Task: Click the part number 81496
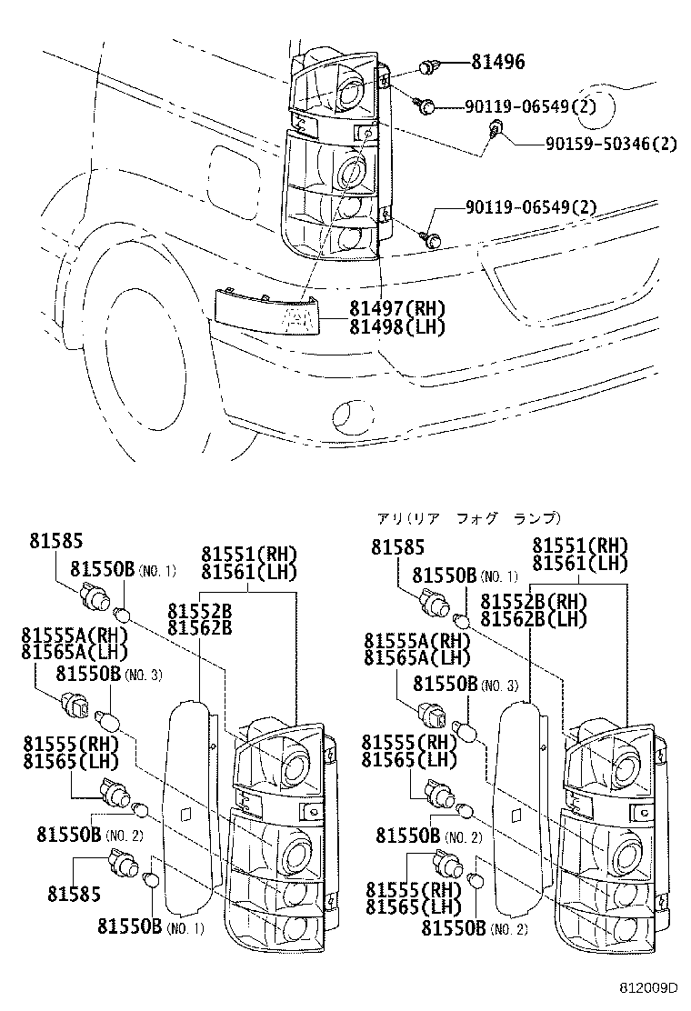(x=497, y=63)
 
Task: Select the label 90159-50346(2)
(x=611, y=143)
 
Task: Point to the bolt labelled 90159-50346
(x=495, y=128)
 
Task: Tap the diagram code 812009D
(x=650, y=987)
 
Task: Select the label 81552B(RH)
(x=533, y=603)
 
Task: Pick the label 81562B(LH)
(x=533, y=620)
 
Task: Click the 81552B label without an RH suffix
(x=199, y=610)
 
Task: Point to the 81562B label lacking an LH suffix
(x=199, y=627)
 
